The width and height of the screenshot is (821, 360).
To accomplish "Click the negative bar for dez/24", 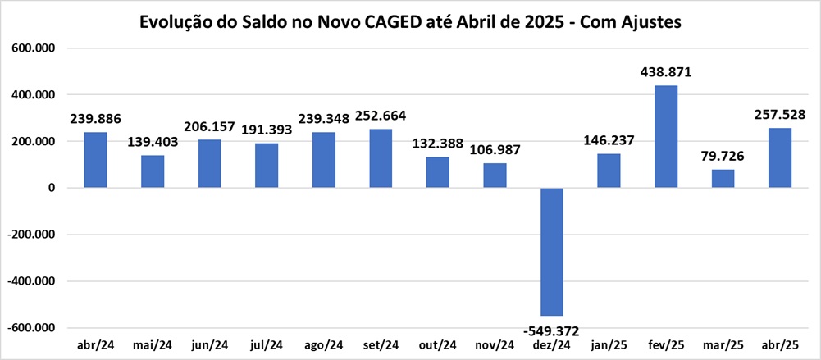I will coord(551,251).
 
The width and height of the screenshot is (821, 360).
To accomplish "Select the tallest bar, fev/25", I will coord(665,136).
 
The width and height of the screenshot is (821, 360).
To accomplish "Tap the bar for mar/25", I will coord(723,178).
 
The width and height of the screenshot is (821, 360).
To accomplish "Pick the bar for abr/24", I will coord(95,160).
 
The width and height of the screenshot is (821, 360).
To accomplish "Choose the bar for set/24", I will coord(381,158).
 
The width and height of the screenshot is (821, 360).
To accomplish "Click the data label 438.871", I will coord(666,72).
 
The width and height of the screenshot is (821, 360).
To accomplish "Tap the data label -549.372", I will coord(551,331).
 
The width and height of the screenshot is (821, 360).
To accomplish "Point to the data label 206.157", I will coord(209,127).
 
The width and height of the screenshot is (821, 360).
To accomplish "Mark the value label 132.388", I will coord(437,144).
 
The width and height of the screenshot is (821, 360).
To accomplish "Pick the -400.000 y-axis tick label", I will coord(31,281).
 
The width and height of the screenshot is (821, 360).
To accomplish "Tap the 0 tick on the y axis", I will coord(51,188).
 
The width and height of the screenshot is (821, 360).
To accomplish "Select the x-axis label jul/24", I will coord(266,344).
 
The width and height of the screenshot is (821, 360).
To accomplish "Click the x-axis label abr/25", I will coord(780,344).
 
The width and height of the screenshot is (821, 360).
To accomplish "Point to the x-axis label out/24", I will coord(437,344).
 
